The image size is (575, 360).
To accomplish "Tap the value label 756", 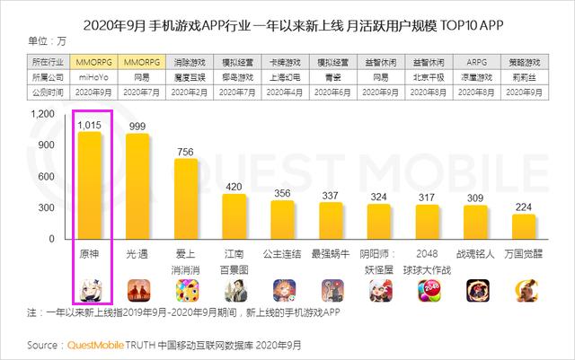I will tap(185, 151).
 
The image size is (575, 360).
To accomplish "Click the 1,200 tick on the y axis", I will tap(41, 114).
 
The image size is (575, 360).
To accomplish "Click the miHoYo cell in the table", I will tap(90, 77).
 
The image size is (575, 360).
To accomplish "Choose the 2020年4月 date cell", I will tap(282, 91).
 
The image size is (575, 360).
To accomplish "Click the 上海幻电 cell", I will tap(282, 77).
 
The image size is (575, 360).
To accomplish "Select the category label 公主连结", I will tap(282, 254).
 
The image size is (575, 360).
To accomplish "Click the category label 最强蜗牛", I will tap(331, 254).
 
